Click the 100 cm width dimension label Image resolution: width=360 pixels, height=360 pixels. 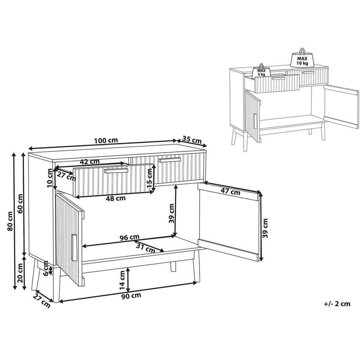[106, 140]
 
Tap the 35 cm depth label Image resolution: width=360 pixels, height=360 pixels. [192, 140]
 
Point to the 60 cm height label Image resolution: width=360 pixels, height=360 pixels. [20, 203]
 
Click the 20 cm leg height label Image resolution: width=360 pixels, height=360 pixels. [20, 273]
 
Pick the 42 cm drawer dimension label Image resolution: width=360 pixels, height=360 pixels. [90, 162]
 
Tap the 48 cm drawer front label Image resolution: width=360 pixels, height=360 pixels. [115, 198]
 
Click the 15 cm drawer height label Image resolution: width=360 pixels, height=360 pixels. [149, 178]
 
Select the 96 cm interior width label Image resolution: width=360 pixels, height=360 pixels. [130, 237]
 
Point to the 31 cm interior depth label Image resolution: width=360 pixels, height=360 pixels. [146, 248]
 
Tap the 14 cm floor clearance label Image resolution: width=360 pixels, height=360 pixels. [122, 280]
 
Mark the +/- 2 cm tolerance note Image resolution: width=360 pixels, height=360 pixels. [337, 304]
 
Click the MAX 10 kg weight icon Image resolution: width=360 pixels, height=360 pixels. [302, 58]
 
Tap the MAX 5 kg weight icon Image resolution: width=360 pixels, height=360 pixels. [261, 71]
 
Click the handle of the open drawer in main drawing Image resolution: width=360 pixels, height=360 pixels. [116, 171]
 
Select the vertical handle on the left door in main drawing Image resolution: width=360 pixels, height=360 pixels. [74, 247]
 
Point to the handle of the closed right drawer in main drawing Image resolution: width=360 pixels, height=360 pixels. [170, 160]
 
